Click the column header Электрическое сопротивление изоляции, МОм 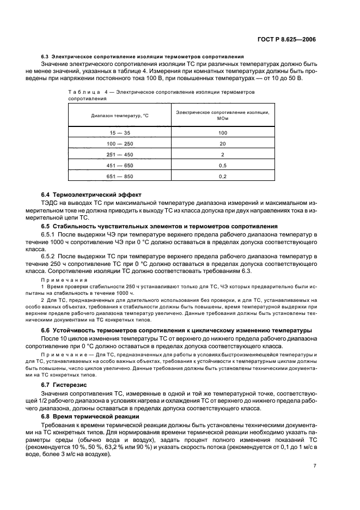tap(223, 115)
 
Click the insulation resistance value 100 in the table tap(223, 132)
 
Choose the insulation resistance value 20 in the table tap(223, 143)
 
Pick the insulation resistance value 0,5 tap(223, 165)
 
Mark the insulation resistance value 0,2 tap(223, 177)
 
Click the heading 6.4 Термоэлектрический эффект tap(91, 195)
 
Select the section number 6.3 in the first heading tap(45, 57)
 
